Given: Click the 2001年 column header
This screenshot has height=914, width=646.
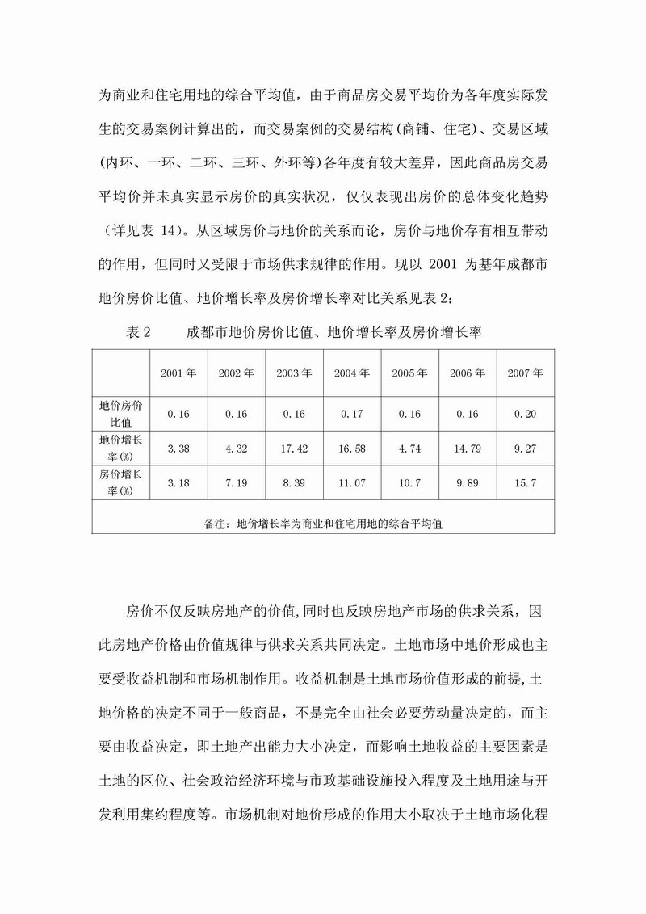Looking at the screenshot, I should [x=178, y=373].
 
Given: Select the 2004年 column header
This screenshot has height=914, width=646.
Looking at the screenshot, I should [x=352, y=373].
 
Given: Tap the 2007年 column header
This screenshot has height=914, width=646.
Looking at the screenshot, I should [x=526, y=373].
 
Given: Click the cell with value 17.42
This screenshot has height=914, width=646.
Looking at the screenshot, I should [x=294, y=449].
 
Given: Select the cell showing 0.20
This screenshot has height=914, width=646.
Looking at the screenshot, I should [x=526, y=414].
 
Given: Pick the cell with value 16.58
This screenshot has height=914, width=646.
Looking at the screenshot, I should [x=352, y=449].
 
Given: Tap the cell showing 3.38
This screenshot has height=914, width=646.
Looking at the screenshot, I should [x=178, y=449].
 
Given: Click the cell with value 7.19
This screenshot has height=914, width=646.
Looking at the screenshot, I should [x=237, y=483].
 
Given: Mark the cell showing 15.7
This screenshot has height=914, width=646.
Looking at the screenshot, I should [x=526, y=483].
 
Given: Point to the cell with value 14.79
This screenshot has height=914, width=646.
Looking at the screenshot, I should [x=468, y=449].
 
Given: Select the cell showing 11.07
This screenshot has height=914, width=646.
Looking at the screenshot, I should [x=352, y=483].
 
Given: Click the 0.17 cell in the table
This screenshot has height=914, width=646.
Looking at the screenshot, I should [x=352, y=414].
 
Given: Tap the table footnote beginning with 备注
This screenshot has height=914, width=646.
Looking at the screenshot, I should [x=324, y=523].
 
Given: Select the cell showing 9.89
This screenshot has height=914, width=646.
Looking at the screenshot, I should [x=468, y=483].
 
